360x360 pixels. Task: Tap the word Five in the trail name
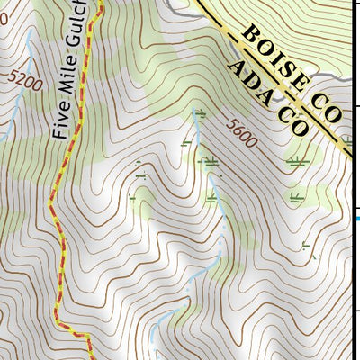[x=60, y=123]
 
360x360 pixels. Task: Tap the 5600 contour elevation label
[x=242, y=134]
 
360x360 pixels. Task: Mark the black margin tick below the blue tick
[x=355, y=311]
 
